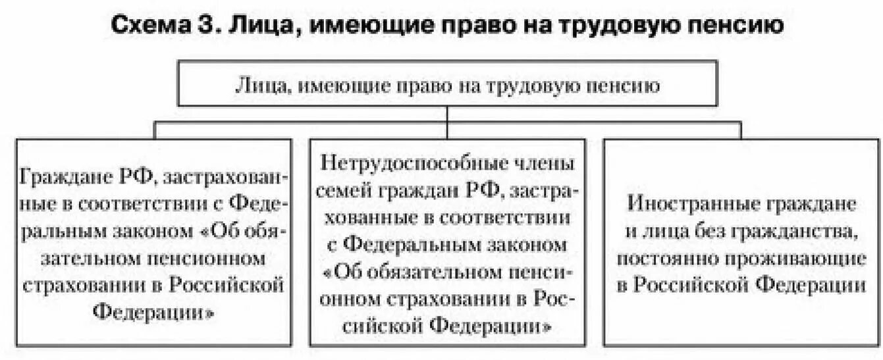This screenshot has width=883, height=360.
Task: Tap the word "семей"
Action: tap(346, 191)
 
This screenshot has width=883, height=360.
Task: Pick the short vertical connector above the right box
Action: tap(740, 130)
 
